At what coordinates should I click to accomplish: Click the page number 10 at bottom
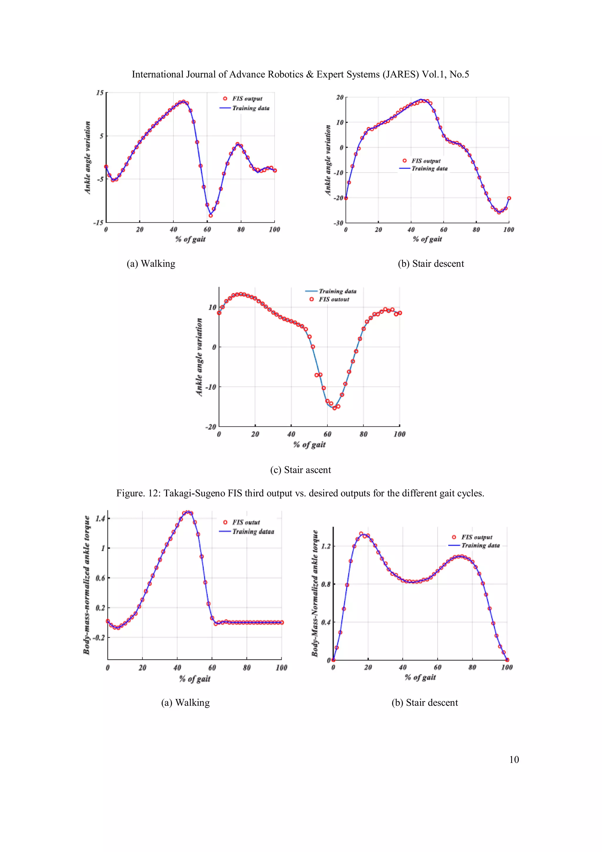514,759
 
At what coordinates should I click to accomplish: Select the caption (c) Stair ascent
300,470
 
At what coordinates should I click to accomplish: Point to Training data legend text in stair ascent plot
337,291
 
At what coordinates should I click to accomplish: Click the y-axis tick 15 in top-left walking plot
100,93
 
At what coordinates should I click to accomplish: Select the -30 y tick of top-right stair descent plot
338,223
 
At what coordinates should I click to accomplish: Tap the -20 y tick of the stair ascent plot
211,427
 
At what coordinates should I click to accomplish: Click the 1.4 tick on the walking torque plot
100,518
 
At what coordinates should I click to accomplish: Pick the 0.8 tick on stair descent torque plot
326,584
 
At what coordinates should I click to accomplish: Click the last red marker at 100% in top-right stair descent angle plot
509,198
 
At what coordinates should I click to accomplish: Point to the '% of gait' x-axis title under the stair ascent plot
309,445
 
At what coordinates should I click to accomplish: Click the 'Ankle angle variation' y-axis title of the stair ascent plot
199,357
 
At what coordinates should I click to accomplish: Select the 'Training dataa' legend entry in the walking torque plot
253,532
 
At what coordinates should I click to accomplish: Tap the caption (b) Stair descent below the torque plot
425,703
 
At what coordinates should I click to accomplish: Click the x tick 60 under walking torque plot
212,668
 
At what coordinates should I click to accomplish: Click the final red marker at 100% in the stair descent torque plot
507,660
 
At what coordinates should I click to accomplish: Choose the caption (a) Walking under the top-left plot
151,264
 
